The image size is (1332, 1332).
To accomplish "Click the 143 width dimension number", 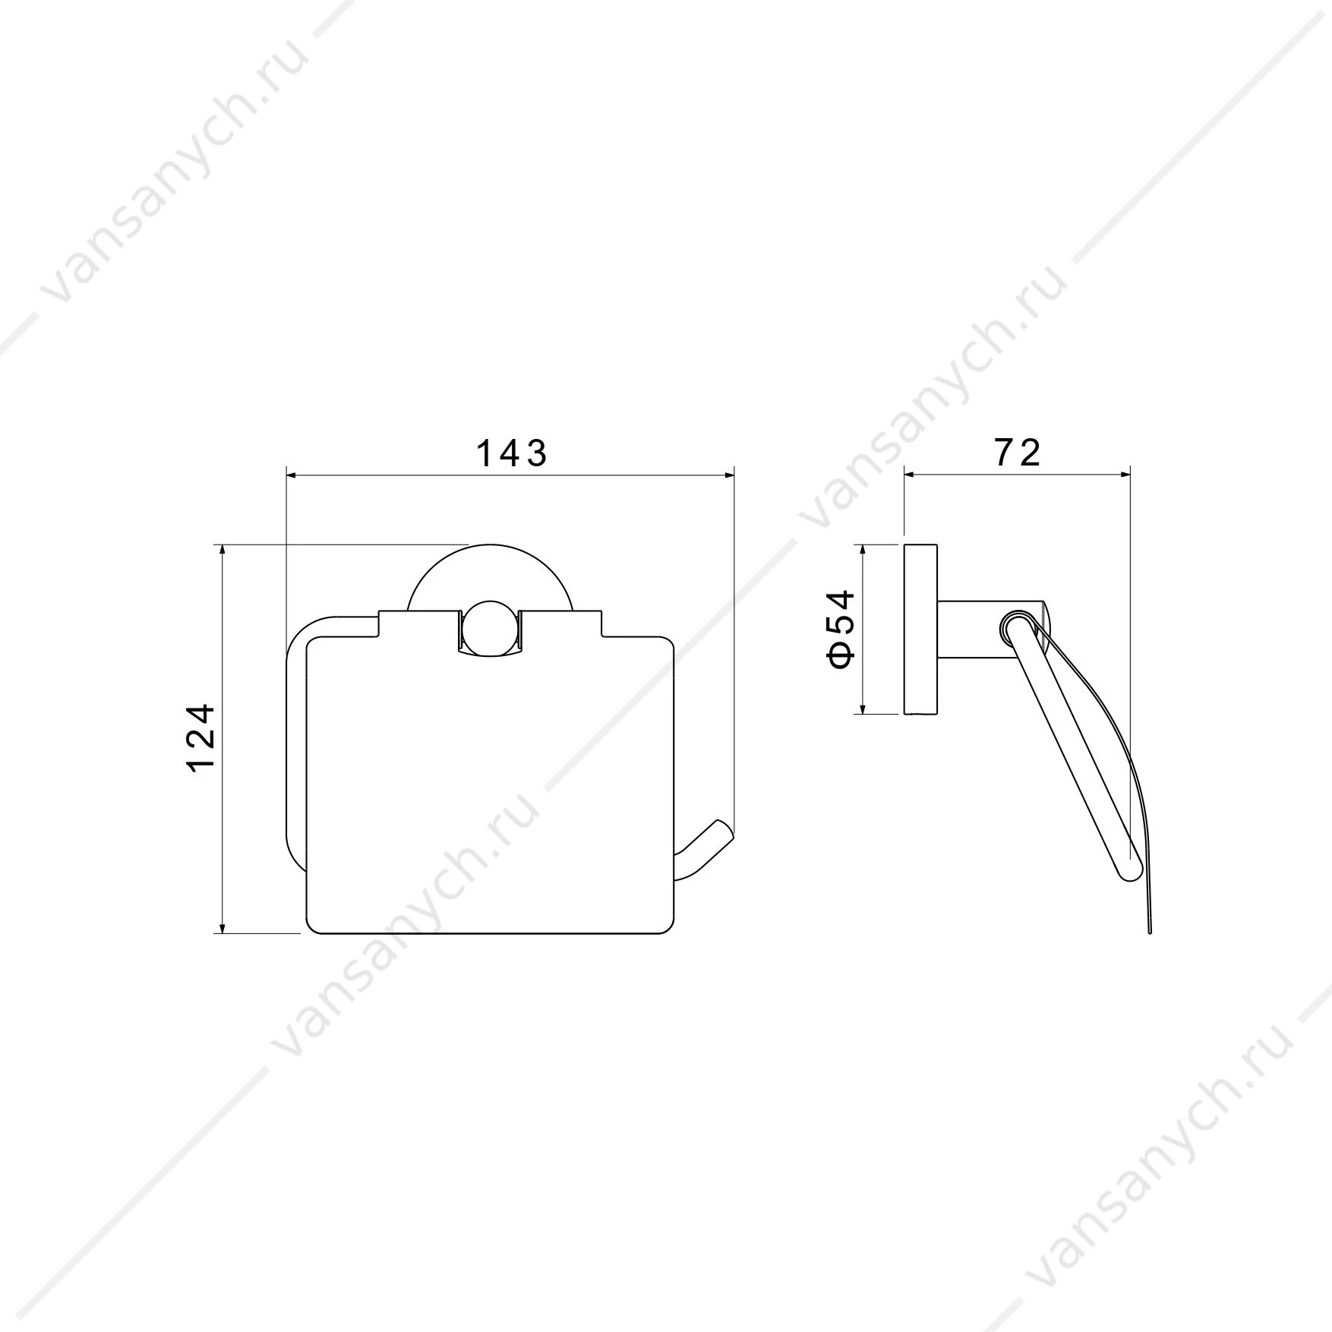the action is click(x=511, y=453).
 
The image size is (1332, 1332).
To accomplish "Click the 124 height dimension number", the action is click(x=201, y=738).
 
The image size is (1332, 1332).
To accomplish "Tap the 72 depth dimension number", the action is click(x=1017, y=453).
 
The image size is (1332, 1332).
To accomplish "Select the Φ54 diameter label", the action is click(x=842, y=630).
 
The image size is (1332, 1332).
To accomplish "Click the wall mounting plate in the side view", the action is click(x=920, y=630).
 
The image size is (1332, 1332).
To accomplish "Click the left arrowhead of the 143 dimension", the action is click(x=293, y=475).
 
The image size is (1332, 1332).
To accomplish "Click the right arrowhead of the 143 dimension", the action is click(x=727, y=475).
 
